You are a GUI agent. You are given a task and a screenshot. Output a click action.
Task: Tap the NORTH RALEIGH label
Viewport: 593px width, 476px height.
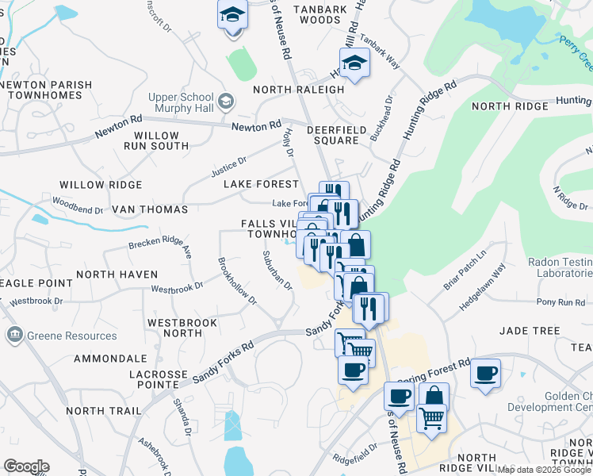click(x=299, y=90)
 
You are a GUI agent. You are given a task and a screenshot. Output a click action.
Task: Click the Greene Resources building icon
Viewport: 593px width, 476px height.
click(x=14, y=336)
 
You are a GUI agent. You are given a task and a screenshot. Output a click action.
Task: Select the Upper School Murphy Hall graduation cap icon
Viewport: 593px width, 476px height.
click(x=227, y=101)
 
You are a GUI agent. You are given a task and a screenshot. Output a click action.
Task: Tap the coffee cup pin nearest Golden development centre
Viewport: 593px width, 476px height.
click(x=485, y=373)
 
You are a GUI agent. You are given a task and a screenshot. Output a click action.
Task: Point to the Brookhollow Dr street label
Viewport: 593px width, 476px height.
click(x=237, y=280)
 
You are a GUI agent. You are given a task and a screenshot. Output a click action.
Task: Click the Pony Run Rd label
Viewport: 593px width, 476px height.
click(x=560, y=302)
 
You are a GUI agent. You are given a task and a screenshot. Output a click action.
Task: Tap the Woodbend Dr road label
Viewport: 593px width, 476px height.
click(x=78, y=210)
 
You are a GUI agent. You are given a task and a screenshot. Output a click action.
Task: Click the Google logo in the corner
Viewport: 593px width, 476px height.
click(x=26, y=466)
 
